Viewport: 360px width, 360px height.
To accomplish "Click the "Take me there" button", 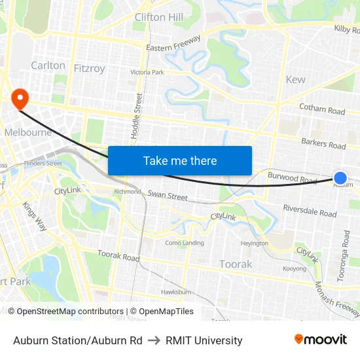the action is click(180, 161).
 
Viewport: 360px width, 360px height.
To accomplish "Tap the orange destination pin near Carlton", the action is click(20, 99).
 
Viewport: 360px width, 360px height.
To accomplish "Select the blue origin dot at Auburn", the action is click(340, 177).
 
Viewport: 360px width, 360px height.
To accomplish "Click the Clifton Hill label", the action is click(159, 17).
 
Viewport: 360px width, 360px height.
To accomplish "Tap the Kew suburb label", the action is click(296, 79).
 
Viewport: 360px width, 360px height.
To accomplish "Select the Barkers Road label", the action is click(323, 143).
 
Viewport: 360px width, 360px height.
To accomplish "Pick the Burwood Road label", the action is click(293, 177).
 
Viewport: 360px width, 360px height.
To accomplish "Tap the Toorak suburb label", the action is click(236, 264).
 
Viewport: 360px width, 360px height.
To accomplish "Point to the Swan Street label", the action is click(168, 195).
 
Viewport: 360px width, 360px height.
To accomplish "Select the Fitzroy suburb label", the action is click(89, 68).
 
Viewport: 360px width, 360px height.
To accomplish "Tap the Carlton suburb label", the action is click(48, 65).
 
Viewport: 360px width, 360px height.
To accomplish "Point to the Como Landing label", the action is click(184, 243).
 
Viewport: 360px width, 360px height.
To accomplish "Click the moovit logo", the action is click(320, 340).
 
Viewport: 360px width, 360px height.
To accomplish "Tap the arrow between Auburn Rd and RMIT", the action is click(154, 340).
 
